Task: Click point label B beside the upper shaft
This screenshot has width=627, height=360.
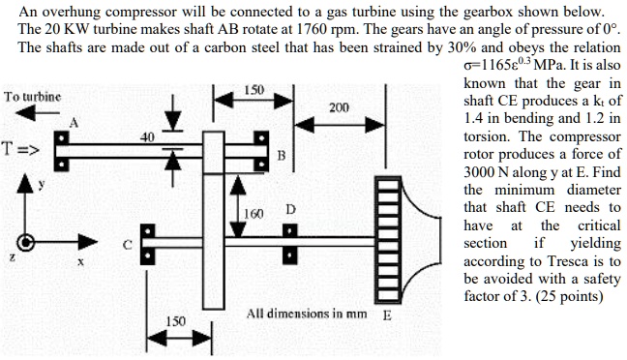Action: (281, 156)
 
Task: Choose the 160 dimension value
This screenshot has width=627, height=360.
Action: (253, 213)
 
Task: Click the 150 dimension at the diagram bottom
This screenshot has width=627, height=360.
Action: (176, 319)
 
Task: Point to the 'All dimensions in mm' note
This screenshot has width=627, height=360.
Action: (302, 315)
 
